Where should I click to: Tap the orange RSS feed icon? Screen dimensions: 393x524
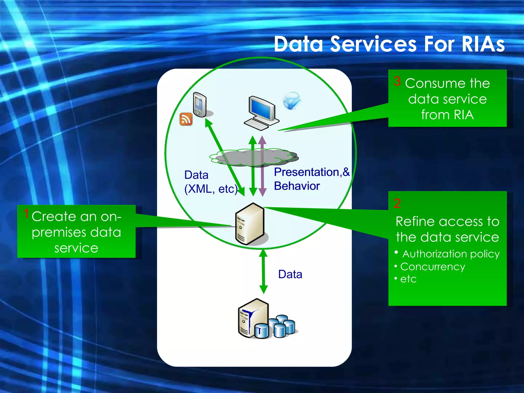click(186, 119)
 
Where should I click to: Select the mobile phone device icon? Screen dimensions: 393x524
click(200, 105)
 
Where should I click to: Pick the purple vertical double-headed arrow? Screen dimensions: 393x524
click(262, 166)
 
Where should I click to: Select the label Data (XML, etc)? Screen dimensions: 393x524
click(210, 182)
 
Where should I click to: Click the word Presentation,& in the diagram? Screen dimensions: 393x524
click(311, 172)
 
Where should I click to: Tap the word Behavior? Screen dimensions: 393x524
click(297, 186)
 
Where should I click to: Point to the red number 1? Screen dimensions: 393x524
click(26, 213)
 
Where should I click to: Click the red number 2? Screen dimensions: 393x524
click(397, 203)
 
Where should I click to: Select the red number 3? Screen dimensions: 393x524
click(397, 81)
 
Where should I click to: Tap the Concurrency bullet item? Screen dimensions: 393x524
click(432, 267)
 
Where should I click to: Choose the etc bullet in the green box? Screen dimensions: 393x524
click(408, 279)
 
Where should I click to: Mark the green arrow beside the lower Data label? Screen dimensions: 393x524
click(263, 271)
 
